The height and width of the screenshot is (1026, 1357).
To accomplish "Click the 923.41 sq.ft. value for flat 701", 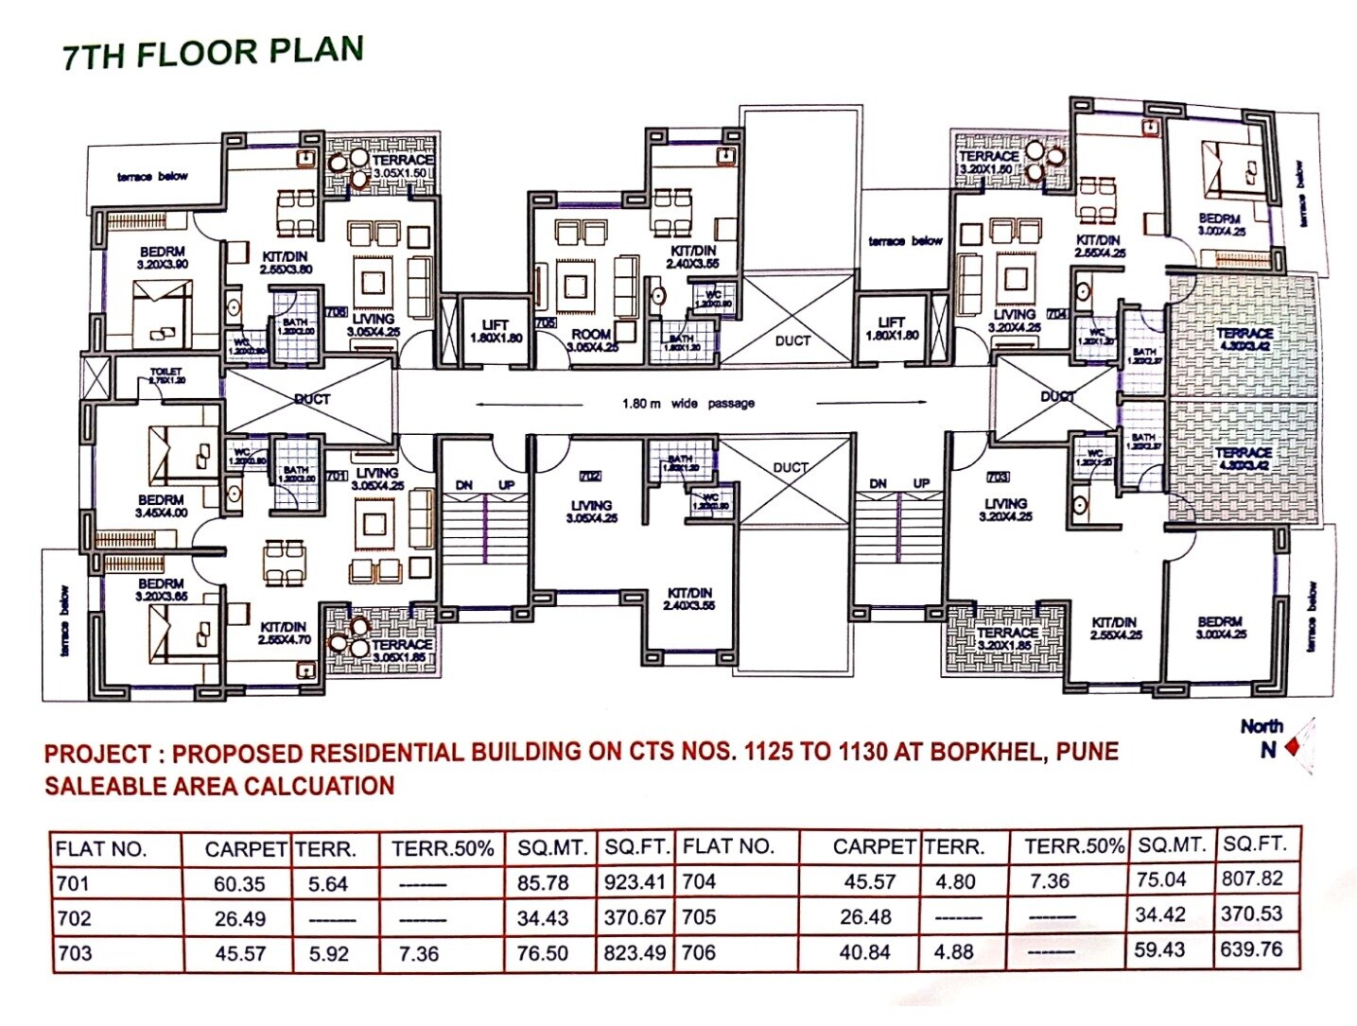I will coord(635,883).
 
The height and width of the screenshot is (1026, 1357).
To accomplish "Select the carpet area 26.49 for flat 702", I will coord(240,918).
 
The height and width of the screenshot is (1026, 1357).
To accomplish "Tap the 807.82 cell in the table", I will coord(1252,878).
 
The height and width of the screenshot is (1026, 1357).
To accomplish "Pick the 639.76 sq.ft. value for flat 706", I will coord(1251,949).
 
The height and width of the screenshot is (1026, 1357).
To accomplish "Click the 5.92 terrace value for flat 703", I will coord(328,953).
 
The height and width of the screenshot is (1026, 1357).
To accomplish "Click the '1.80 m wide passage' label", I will coord(687,404).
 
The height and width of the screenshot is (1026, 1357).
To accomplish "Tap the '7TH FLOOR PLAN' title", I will coord(213,53).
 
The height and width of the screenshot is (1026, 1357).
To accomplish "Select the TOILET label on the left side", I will coord(166,375).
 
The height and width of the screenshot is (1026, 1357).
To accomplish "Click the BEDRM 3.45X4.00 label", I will coord(162,506).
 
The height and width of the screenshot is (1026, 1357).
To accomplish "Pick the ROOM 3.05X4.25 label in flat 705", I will coord(592,340).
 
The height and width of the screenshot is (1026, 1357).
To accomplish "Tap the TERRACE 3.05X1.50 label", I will coord(401,167).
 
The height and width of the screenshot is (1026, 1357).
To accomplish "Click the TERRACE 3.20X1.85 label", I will coord(1007,638).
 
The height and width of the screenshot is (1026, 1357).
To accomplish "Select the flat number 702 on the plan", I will coord(589,476).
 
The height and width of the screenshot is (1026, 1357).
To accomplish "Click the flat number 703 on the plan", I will coord(998,477).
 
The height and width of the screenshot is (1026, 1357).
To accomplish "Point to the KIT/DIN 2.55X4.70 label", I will coord(284,633).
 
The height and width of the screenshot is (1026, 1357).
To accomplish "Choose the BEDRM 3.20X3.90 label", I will coord(162,258).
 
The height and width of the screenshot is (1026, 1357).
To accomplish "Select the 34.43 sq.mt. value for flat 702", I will coord(542,918).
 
